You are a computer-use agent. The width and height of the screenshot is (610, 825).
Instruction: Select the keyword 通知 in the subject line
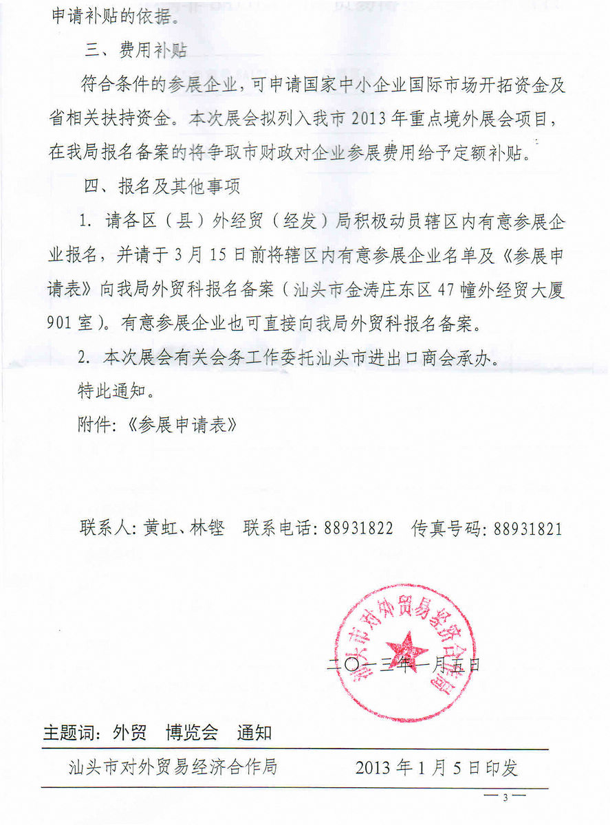[254, 733]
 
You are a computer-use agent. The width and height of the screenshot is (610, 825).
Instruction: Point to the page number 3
[505, 797]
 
